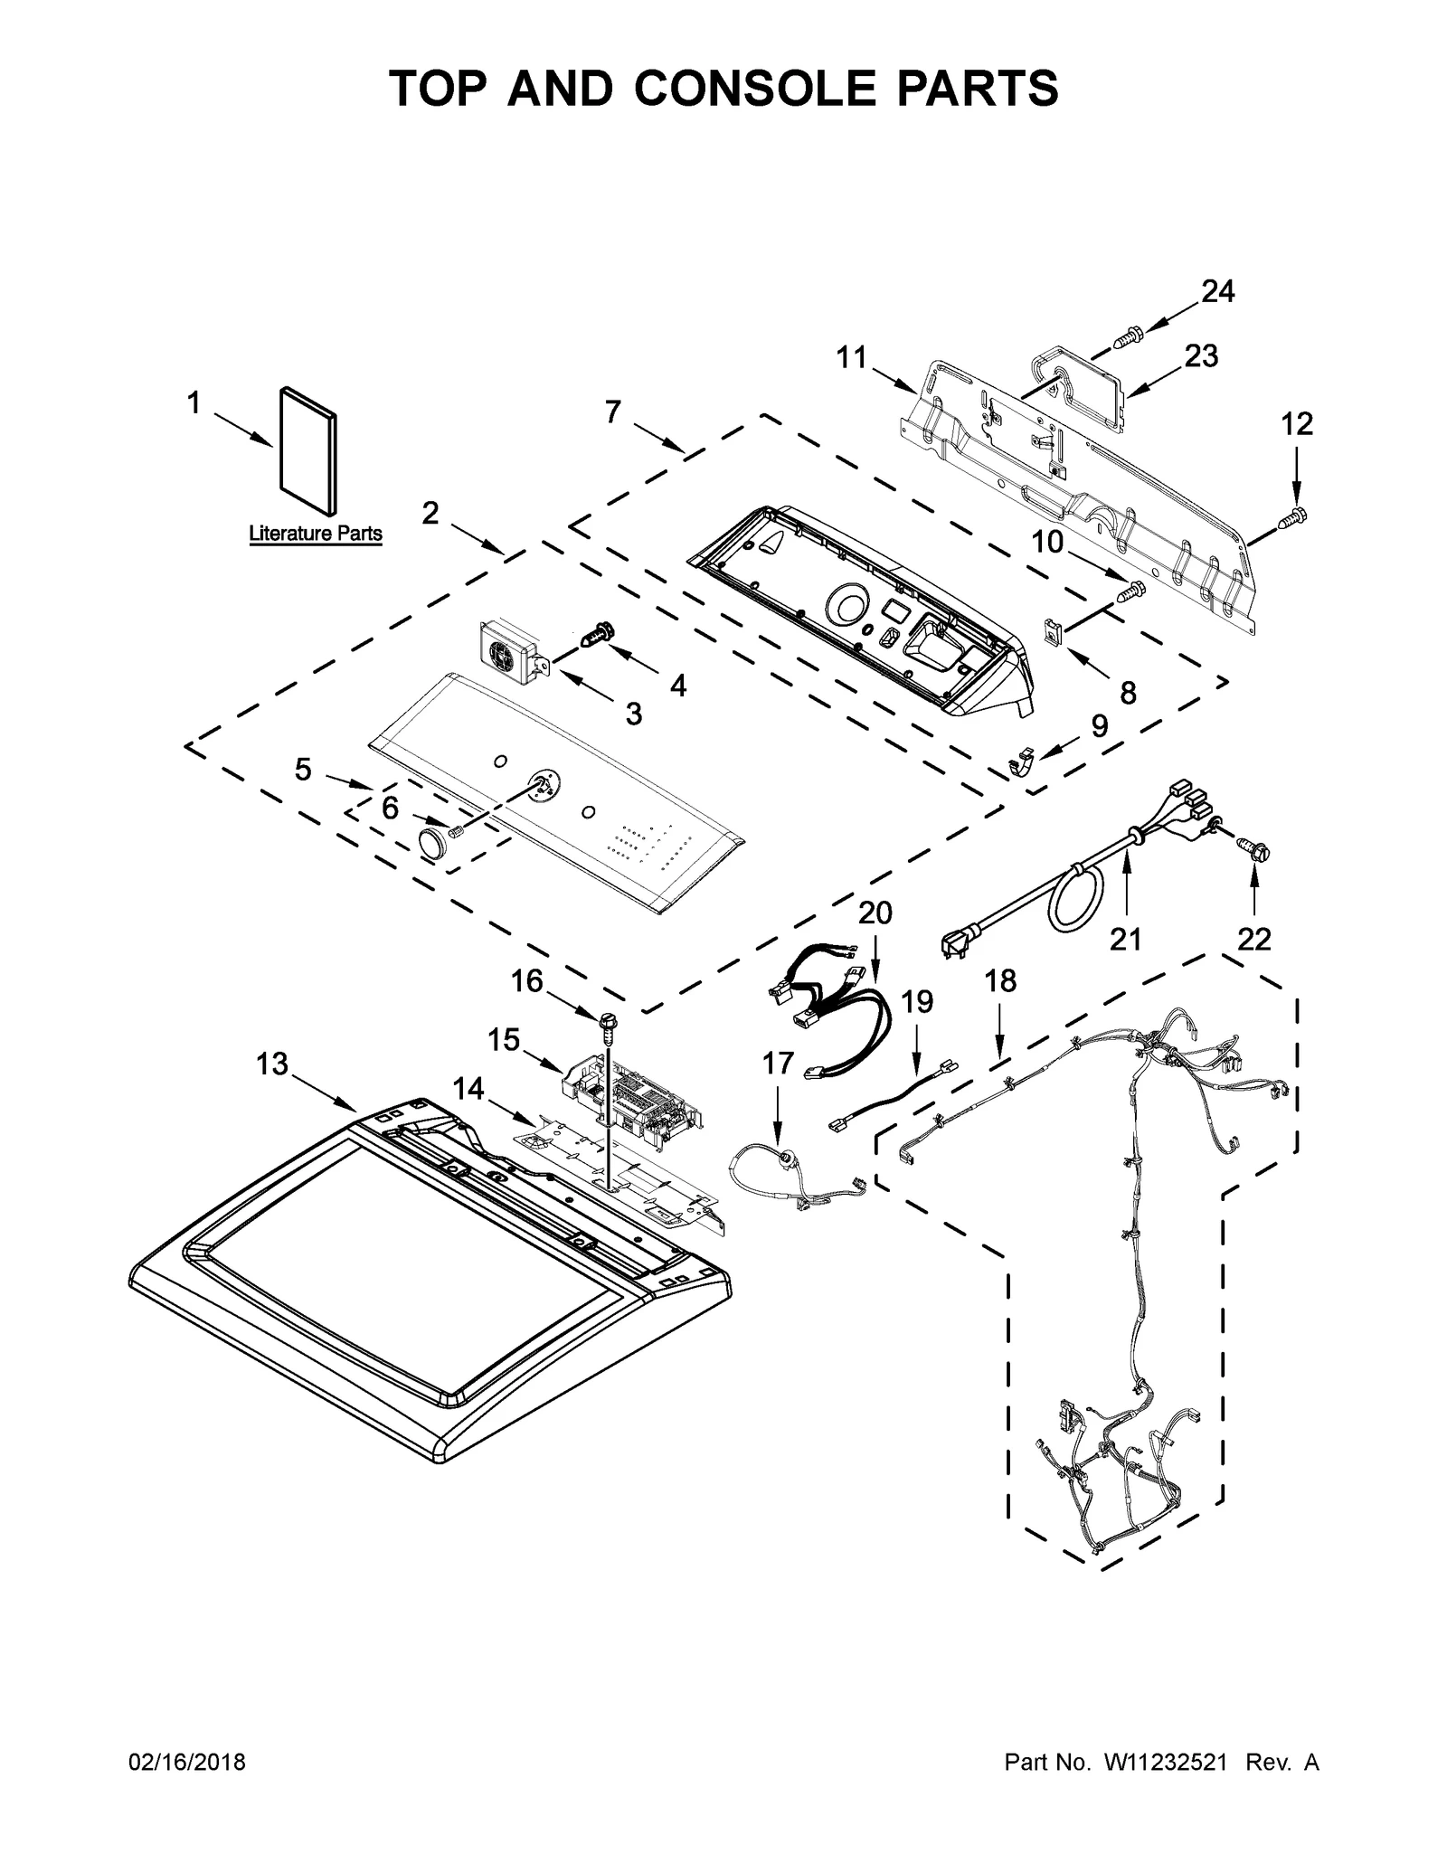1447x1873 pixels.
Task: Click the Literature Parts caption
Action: click(x=316, y=534)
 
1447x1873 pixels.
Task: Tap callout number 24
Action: click(x=1217, y=291)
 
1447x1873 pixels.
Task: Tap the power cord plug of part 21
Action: click(x=954, y=944)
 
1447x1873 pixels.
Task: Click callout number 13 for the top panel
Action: click(x=271, y=1064)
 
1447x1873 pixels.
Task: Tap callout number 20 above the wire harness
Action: click(x=875, y=913)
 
